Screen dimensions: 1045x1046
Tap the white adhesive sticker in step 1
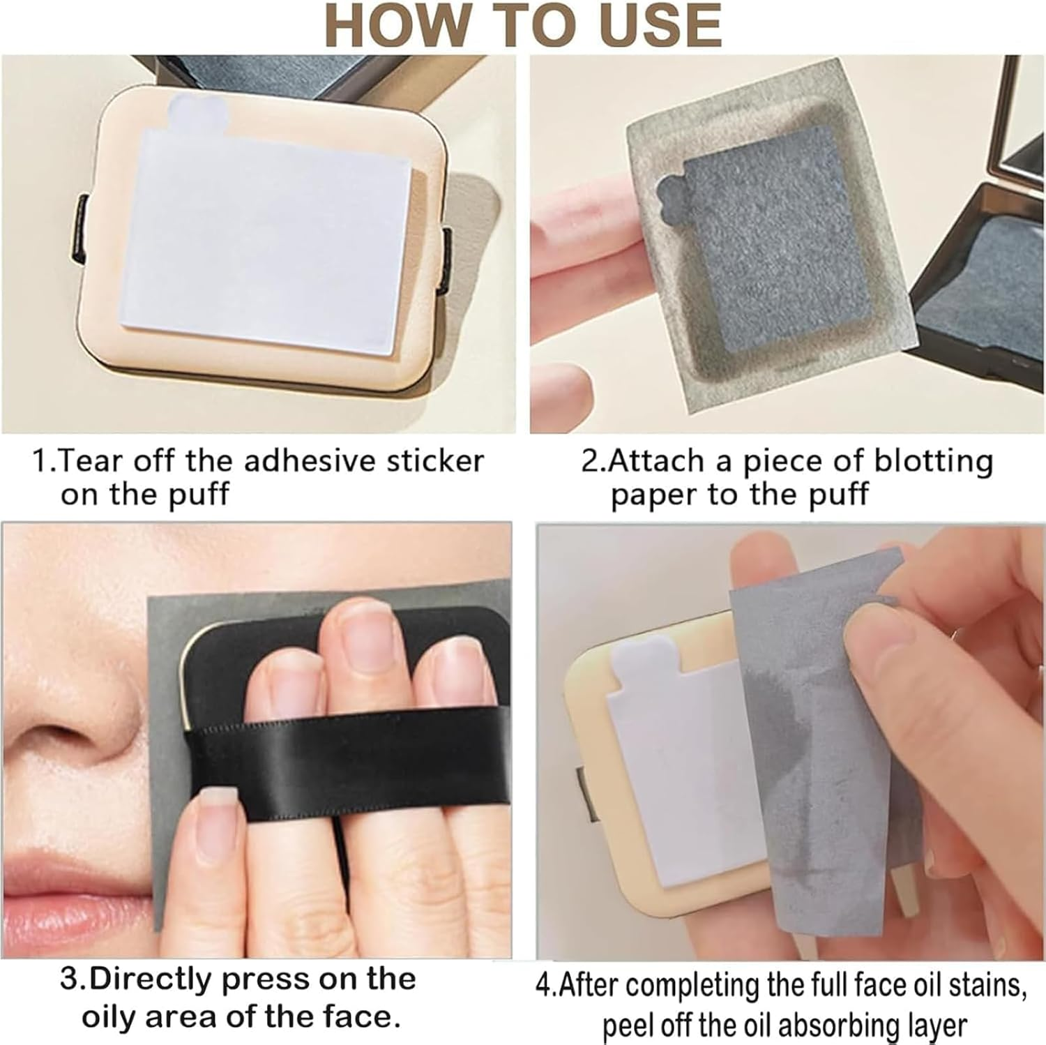(x=268, y=237)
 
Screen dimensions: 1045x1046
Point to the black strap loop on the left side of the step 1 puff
(x=81, y=230)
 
